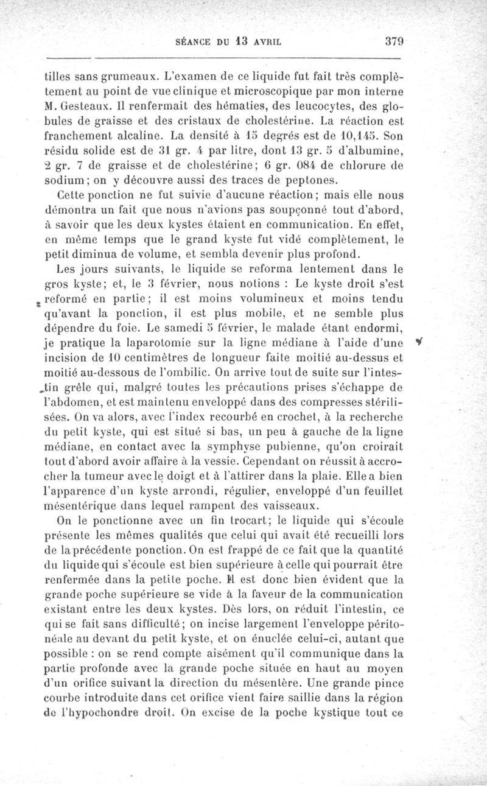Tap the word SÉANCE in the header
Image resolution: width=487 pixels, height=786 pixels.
click(192, 43)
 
